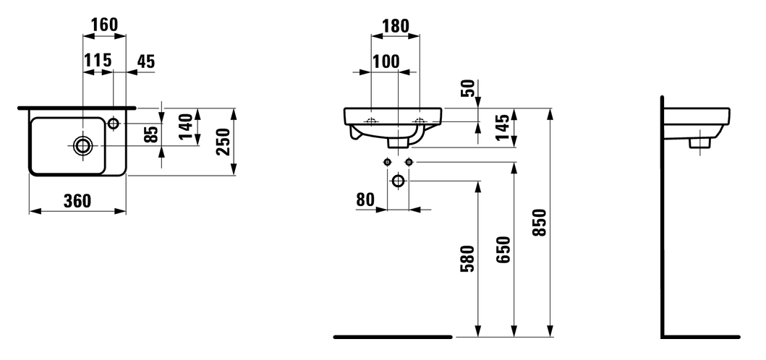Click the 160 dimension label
click(x=105, y=25)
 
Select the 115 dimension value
click(x=98, y=61)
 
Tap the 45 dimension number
click(x=145, y=61)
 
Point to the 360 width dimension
click(x=77, y=200)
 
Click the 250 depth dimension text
click(x=223, y=142)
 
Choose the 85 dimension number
click(x=152, y=134)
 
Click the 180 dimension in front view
click(x=395, y=25)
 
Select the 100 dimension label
click(x=386, y=62)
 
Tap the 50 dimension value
click(x=468, y=88)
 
